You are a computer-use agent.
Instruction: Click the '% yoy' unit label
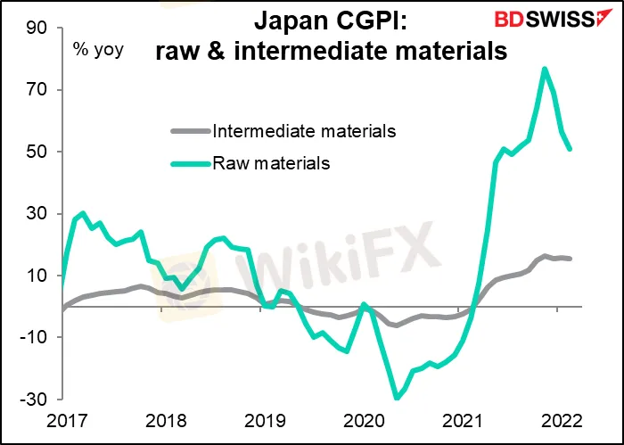pyautogui.click(x=99, y=50)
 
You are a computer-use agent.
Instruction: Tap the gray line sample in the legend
pyautogui.click(x=190, y=132)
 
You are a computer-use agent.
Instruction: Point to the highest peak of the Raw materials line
pyautogui.click(x=544, y=69)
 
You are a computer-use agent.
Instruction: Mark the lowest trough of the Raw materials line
pyautogui.click(x=396, y=398)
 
